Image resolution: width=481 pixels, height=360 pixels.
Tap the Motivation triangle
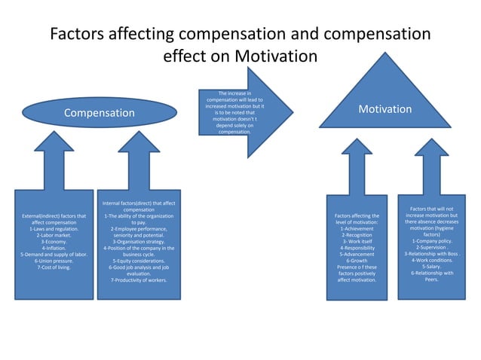coord(384,110)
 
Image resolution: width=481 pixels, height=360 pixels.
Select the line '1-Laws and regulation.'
coord(54,228)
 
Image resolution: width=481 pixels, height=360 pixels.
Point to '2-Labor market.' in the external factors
coord(54,235)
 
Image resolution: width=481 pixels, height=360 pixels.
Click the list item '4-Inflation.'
coord(54,248)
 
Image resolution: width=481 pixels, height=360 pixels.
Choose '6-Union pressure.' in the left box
coord(54,261)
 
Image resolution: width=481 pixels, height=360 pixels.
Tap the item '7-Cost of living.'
coord(54,267)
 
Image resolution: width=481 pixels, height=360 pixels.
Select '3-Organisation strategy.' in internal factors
coord(139,242)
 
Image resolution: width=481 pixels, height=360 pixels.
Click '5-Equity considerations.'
coord(139,261)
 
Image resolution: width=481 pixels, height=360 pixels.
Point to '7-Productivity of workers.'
coord(139,279)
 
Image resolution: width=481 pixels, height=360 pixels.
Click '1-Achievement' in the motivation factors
coord(356,228)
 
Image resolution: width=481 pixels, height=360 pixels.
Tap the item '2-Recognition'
coord(356,235)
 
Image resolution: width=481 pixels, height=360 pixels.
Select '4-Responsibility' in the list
coord(356,248)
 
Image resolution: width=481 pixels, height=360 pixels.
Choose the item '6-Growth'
coord(356,261)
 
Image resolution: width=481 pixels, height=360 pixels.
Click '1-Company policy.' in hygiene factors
coord(431,241)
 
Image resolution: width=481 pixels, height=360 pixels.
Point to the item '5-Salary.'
coord(431,267)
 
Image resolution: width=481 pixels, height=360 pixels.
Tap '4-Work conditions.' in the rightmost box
coord(431,261)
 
